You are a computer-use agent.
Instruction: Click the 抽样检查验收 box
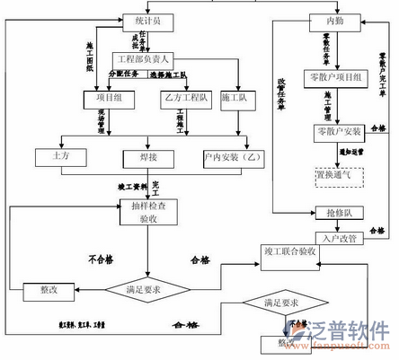[147, 212]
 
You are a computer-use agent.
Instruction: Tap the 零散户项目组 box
[333, 78]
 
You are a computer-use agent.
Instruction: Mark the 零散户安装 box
[338, 131]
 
